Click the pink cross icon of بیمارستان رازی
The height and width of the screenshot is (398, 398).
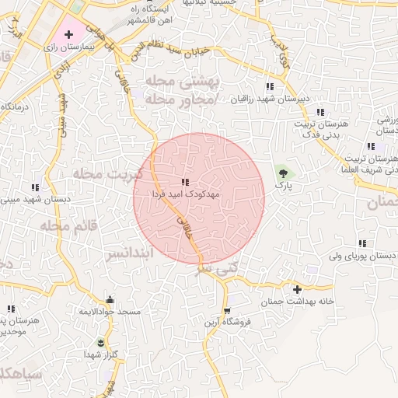coord(70,34)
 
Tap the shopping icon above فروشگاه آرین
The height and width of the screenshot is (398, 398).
coord(226,310)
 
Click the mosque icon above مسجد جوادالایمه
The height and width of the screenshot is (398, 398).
coord(110,300)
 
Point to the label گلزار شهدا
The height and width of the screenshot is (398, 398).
coord(102,354)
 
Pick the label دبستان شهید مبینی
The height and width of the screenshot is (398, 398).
coord(35,199)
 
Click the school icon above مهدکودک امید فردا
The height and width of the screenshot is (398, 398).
coord(184,182)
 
